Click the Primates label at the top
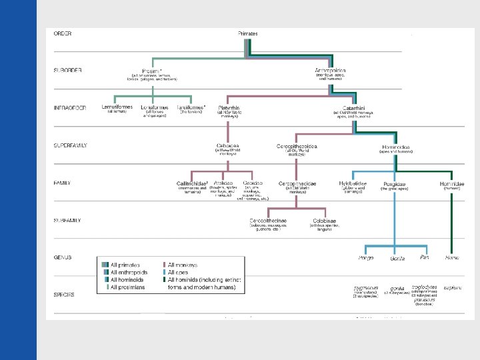[x=248, y=33]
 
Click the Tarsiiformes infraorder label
[x=191, y=107]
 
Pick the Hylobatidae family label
[x=352, y=183]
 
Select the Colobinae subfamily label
[x=325, y=220]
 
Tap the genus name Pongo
[x=366, y=257]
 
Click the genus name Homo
[x=452, y=257]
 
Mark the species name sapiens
[x=453, y=287]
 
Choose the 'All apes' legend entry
[x=178, y=272]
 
